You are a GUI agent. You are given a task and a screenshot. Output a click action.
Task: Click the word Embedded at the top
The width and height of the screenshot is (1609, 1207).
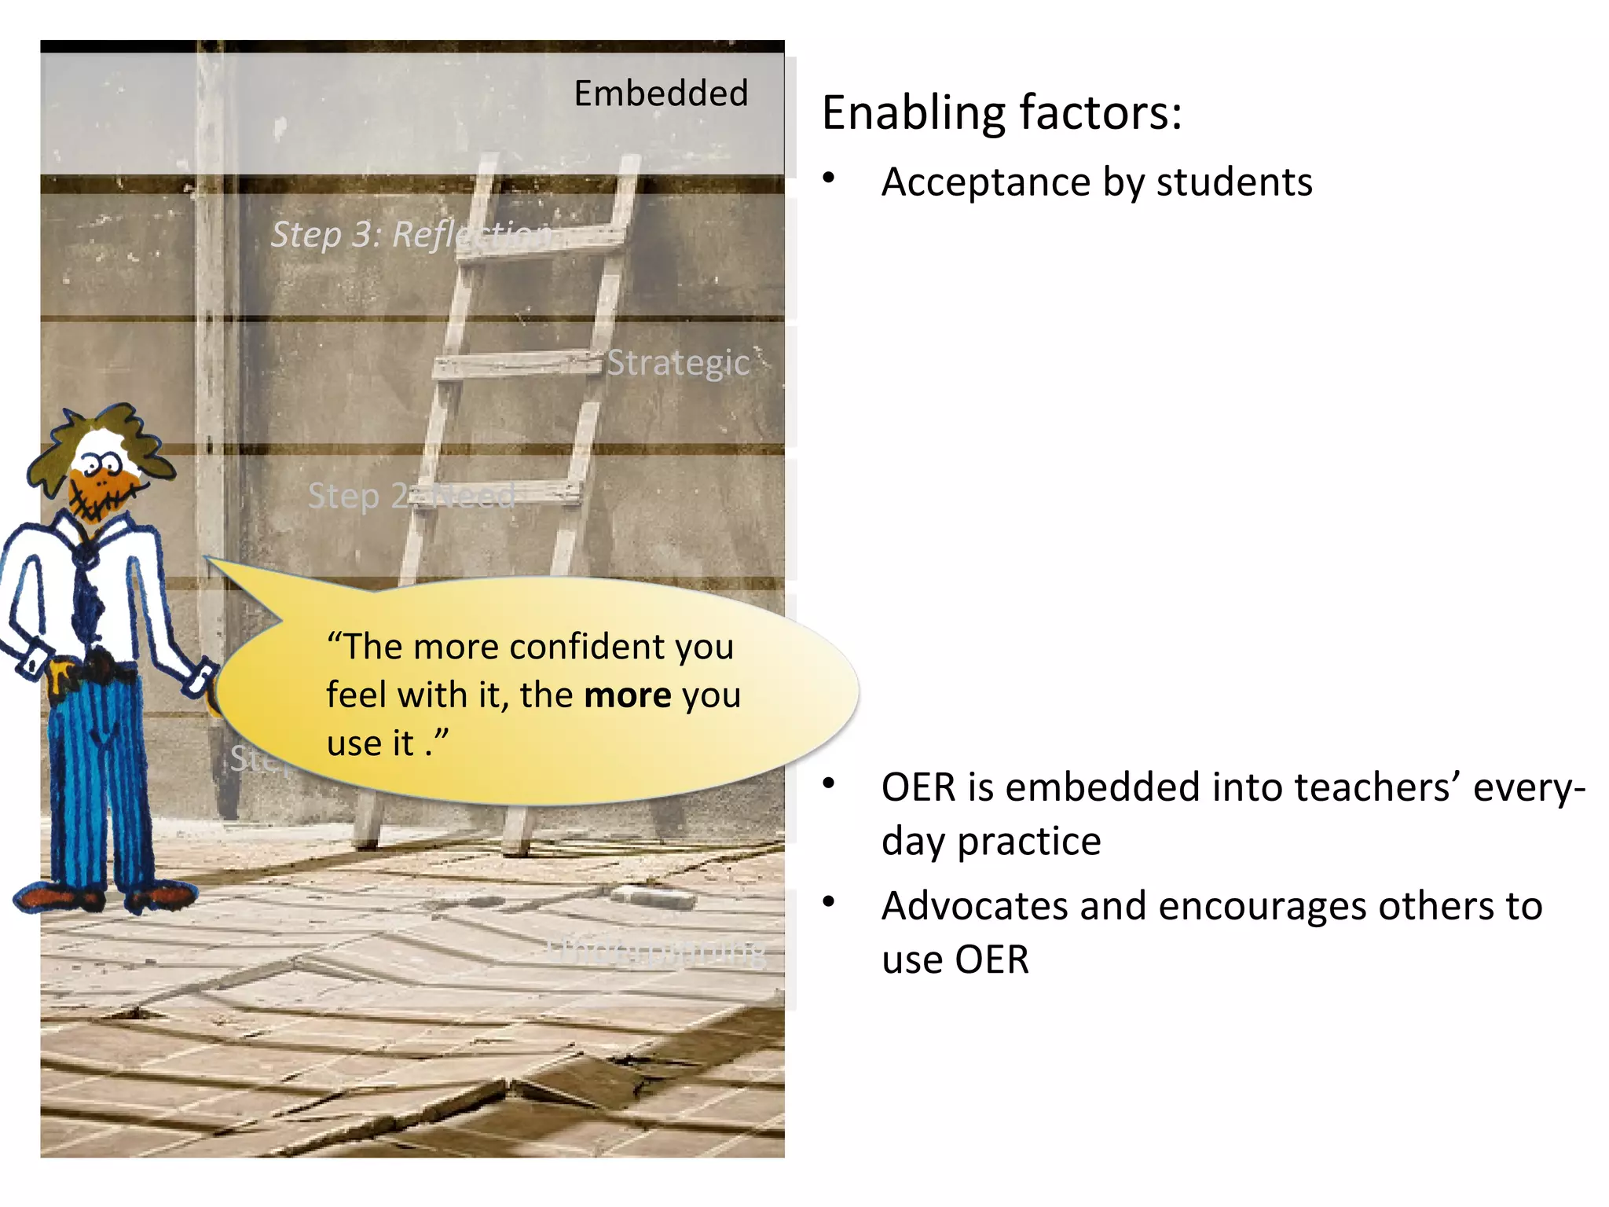coord(661,94)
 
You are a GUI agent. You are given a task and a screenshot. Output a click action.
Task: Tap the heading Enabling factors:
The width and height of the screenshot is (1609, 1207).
coord(1001,113)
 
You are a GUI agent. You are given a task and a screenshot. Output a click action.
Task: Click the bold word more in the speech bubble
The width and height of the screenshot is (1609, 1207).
coord(628,695)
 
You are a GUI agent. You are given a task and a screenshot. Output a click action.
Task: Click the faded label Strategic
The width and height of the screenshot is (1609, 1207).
coord(678,363)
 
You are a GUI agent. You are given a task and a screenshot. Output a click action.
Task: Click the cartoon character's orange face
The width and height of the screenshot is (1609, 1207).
coord(98,487)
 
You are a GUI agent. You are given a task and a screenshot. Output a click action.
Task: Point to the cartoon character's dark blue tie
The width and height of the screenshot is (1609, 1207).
coord(88,597)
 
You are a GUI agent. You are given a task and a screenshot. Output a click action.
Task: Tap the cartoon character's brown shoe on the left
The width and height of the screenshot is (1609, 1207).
coord(55,897)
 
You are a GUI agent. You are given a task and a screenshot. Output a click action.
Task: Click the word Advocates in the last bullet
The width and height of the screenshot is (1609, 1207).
coord(974,906)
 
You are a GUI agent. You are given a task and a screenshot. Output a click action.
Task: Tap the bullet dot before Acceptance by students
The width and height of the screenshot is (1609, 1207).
coord(828,178)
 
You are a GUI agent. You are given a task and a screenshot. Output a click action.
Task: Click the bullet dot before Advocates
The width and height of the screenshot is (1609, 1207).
coord(828,901)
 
